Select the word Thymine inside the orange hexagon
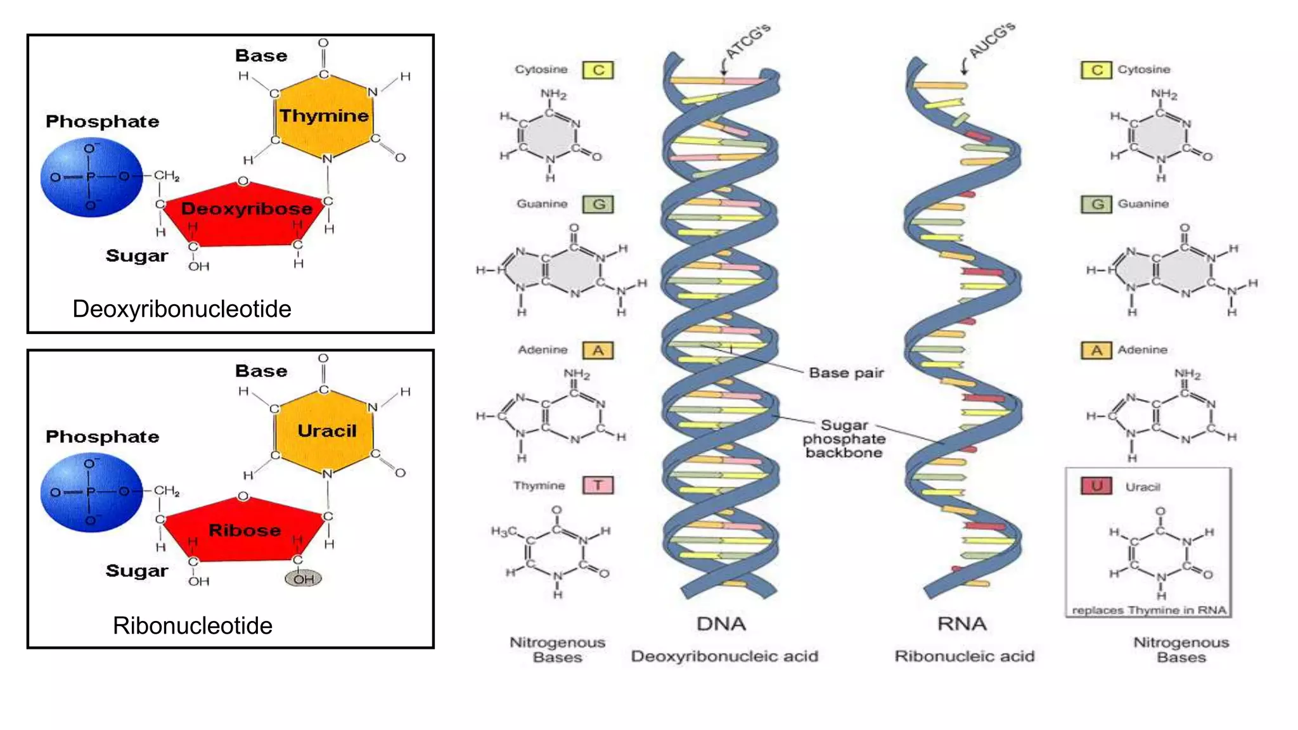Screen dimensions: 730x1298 pos(324,115)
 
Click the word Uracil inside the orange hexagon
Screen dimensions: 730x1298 pos(327,431)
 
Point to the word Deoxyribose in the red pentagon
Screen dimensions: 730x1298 pos(247,208)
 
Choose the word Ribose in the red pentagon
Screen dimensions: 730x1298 pos(245,530)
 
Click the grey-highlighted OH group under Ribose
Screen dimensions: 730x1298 pos(303,579)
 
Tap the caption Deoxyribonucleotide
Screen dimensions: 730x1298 pos(182,309)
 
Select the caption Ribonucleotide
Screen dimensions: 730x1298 pos(193,625)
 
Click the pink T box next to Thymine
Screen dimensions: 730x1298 pos(598,485)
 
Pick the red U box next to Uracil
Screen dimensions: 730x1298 pos(1096,486)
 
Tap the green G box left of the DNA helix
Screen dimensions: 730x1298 pos(598,204)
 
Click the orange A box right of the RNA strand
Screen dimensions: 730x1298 pos(1096,350)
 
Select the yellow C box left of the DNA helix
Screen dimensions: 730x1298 pos(598,70)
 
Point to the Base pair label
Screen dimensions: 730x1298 pos(846,373)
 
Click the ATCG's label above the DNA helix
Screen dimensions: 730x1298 pos(748,41)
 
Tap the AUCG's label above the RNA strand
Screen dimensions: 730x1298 pos(992,39)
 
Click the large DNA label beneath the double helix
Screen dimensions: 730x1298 pos(721,624)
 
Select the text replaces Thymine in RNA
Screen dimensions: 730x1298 pos(1148,610)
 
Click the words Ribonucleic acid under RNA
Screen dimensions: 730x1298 pos(964,656)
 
